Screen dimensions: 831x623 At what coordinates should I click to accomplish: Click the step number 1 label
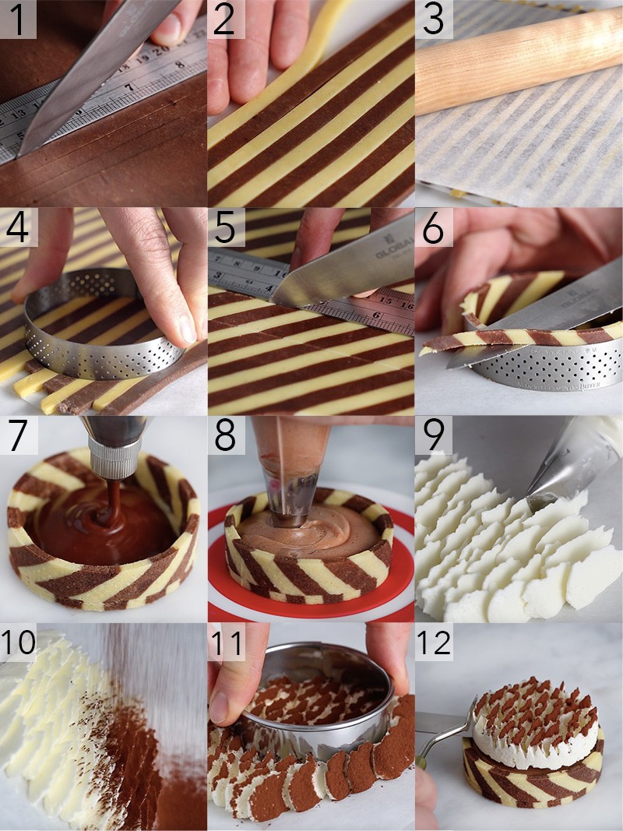(18, 21)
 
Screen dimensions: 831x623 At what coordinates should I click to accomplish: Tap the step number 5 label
(224, 228)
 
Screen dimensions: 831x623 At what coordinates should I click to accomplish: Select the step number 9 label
(432, 435)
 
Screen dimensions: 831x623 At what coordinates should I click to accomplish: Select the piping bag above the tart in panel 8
(296, 452)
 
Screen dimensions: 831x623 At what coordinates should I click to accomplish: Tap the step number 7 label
(17, 435)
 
